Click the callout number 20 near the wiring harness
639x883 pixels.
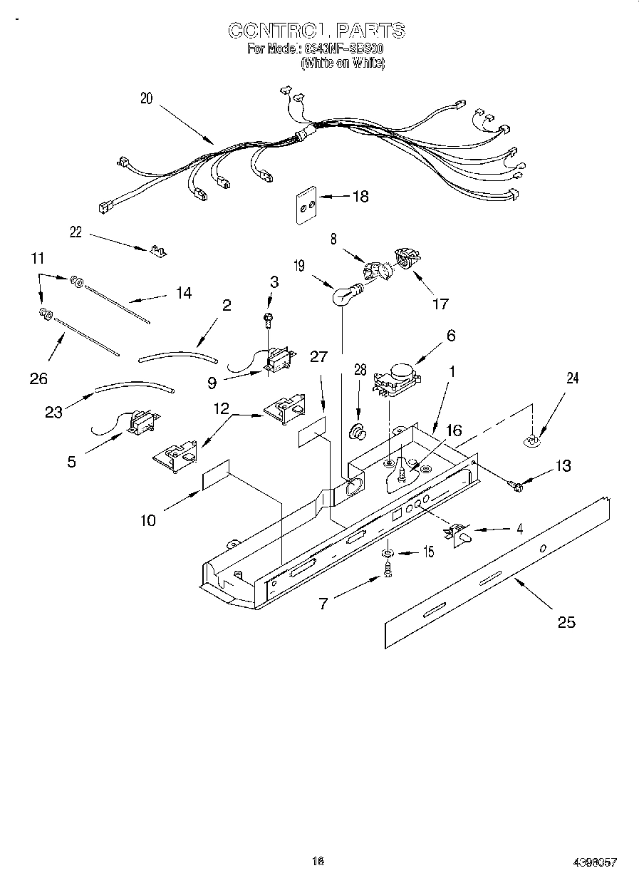coord(146,99)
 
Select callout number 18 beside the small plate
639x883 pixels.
coord(360,197)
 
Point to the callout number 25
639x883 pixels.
coord(566,622)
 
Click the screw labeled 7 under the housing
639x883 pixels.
coord(388,570)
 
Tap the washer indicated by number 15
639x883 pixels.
coord(387,552)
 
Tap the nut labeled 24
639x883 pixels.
coord(531,441)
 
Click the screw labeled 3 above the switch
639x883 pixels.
coord(269,318)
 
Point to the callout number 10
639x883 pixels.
coord(147,520)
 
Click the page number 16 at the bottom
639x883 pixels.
coord(318,861)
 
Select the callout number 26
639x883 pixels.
coord(38,378)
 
